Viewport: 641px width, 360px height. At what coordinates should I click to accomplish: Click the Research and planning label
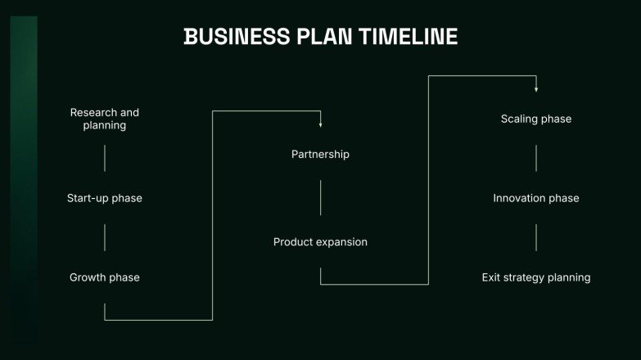tap(105, 119)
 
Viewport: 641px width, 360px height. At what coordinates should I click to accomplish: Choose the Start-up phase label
tap(105, 198)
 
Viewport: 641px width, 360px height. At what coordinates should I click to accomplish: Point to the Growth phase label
tap(105, 277)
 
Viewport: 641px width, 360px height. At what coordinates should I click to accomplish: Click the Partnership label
tap(320, 154)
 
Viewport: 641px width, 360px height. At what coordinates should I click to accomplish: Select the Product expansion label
tap(320, 242)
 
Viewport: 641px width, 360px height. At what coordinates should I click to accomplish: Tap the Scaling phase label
tap(536, 119)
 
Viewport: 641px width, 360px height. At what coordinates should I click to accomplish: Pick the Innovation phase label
tap(536, 198)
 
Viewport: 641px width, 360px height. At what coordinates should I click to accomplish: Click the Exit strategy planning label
tap(536, 277)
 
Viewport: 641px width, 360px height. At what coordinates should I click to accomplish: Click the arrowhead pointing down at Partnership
tap(320, 124)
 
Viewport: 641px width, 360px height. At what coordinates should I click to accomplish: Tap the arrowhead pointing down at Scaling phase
tap(536, 88)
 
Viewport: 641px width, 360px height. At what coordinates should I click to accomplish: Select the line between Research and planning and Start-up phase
tap(105, 158)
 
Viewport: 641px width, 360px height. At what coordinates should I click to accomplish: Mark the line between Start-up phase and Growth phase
tap(105, 237)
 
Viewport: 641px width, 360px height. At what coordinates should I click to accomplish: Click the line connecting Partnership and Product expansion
tap(320, 198)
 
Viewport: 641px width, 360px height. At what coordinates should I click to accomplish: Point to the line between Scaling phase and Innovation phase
tap(536, 158)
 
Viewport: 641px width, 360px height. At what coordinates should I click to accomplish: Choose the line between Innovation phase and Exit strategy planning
tap(536, 237)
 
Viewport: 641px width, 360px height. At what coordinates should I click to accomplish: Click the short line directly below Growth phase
tap(105, 310)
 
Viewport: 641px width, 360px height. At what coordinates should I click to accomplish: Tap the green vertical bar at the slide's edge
tap(24, 180)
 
